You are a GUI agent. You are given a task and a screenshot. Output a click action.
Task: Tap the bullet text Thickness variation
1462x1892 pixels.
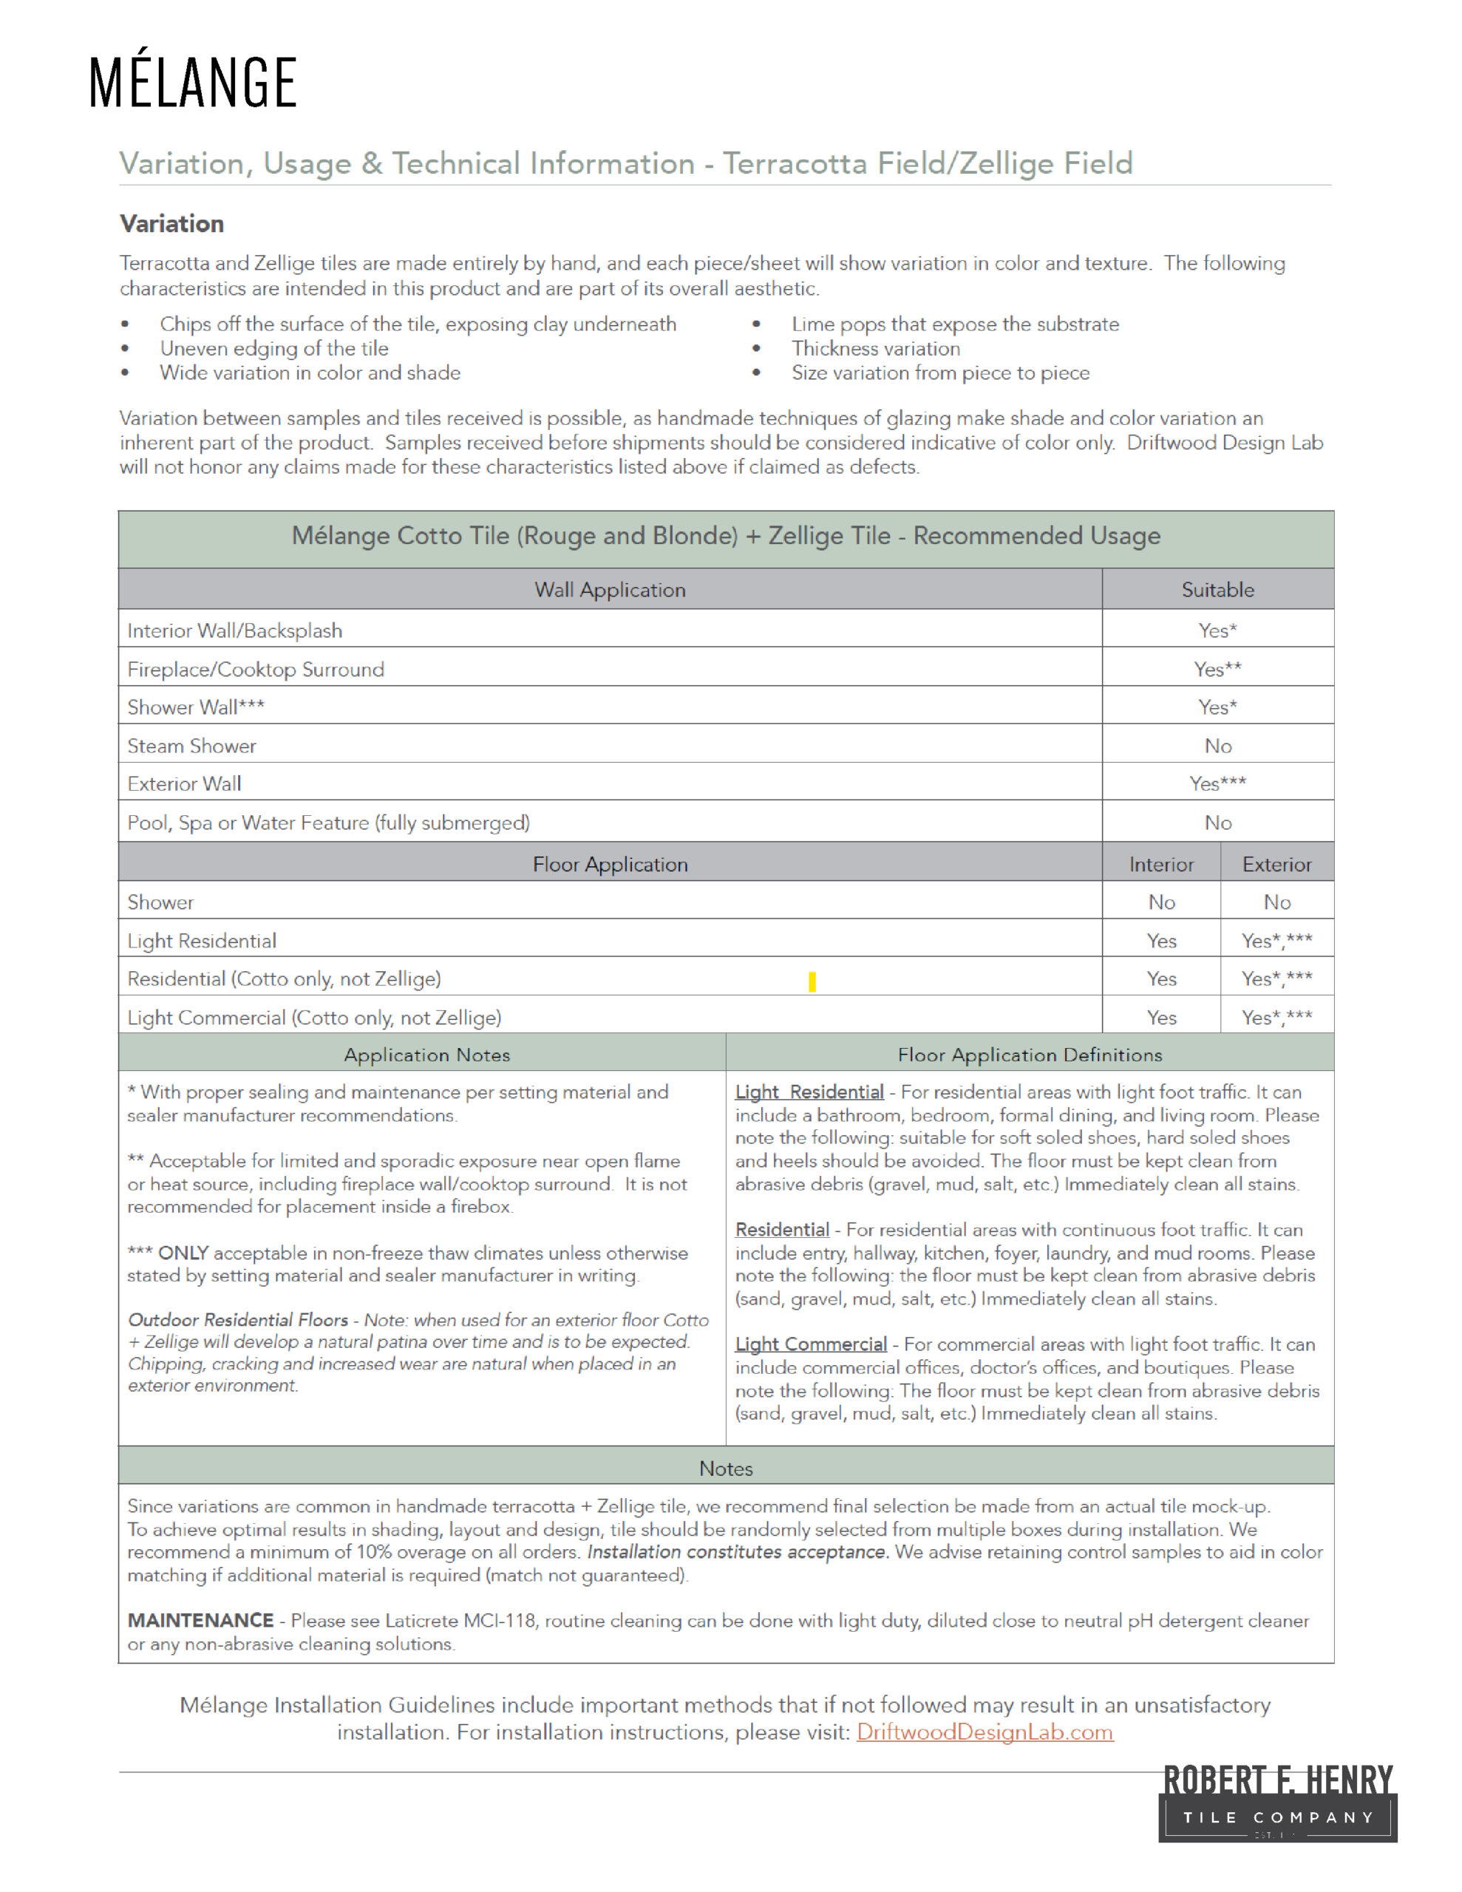[875, 348]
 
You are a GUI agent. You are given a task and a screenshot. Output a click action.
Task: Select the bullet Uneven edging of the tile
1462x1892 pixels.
[274, 348]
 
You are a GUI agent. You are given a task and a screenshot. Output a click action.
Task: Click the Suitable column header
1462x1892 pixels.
[1217, 590]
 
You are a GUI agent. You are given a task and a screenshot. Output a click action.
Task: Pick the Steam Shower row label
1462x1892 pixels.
[191, 746]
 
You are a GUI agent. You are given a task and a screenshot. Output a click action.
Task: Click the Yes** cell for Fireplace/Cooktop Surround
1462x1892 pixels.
[1217, 669]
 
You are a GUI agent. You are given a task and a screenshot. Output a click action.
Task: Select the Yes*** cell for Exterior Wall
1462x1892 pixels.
[1217, 783]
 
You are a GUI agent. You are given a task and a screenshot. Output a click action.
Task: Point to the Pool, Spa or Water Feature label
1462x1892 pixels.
[328, 822]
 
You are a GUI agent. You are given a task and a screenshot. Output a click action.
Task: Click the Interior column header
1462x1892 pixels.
[1160, 865]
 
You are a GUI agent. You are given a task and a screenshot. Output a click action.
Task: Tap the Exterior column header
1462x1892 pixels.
[1276, 865]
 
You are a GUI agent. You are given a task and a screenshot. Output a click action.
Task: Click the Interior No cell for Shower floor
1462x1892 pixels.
[1161, 902]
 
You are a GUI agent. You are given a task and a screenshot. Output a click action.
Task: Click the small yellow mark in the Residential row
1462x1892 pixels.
[812, 981]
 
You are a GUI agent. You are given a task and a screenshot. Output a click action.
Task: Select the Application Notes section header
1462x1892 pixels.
[426, 1055]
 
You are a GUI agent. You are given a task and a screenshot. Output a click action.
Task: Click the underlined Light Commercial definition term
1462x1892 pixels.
[810, 1344]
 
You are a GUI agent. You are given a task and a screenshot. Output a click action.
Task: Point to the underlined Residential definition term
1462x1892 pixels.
[782, 1229]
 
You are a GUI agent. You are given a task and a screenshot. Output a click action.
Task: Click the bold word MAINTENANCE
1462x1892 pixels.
[200, 1620]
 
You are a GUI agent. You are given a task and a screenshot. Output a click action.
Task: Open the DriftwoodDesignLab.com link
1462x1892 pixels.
[985, 1732]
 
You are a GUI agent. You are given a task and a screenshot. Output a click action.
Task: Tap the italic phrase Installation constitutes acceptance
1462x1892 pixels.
[738, 1551]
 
